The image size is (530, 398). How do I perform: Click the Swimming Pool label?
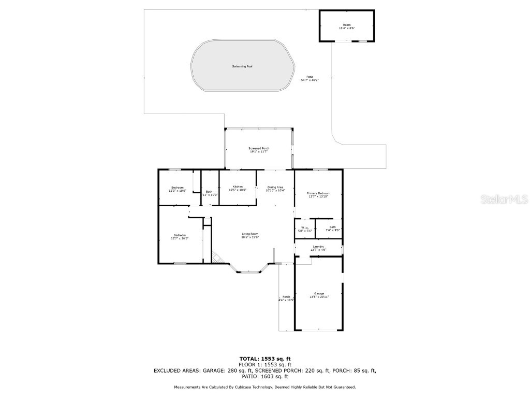[242, 66]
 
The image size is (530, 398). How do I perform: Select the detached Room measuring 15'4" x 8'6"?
[346, 26]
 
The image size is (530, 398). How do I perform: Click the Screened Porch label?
[259, 150]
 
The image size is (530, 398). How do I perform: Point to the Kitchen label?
[238, 188]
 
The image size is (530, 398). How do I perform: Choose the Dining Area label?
[275, 189]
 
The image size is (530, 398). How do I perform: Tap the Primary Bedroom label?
[318, 195]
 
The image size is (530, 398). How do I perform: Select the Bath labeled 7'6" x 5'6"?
[332, 229]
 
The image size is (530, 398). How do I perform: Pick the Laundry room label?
[318, 248]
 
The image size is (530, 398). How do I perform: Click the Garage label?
[318, 295]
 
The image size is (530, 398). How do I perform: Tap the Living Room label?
[250, 235]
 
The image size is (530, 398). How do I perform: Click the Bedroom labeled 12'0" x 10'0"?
[178, 189]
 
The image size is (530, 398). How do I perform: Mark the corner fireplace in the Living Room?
[216, 257]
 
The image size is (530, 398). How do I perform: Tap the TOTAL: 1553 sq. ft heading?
[264, 359]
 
